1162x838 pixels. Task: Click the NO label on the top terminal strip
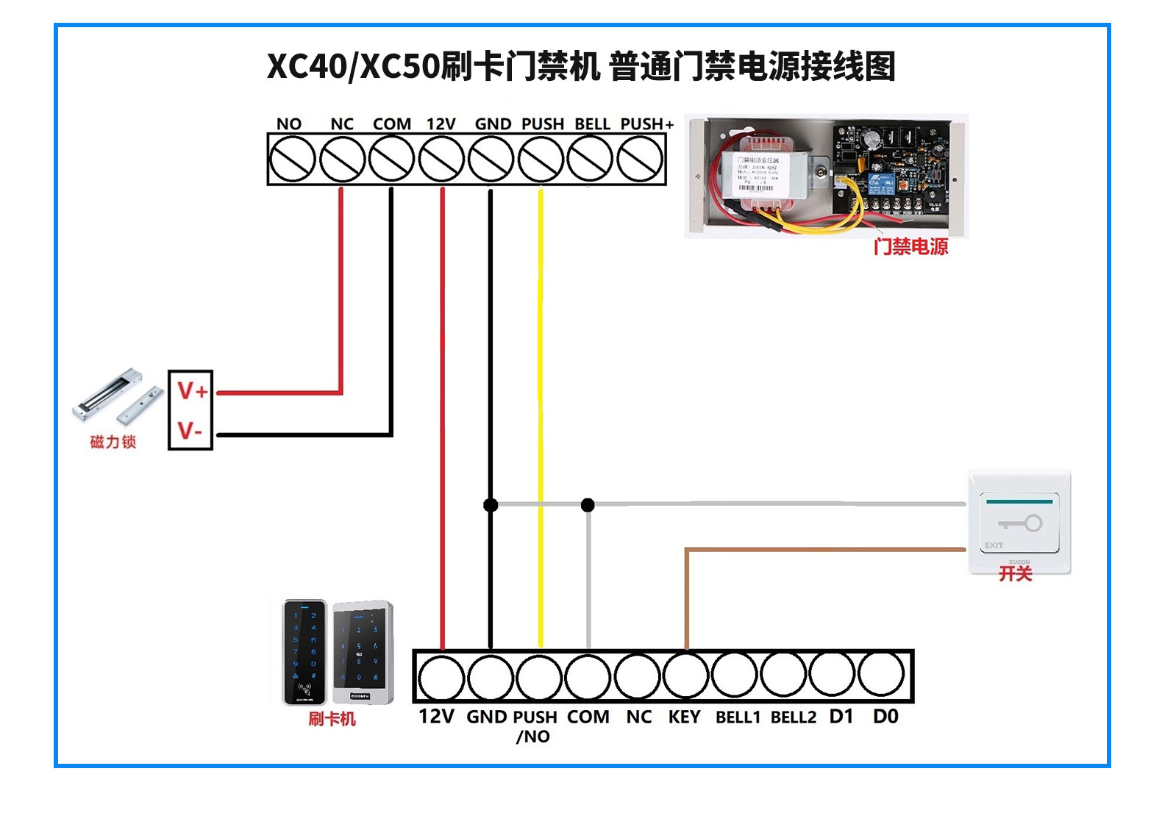click(289, 123)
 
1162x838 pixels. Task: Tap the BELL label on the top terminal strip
click(592, 123)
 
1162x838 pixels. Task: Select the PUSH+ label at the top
click(646, 123)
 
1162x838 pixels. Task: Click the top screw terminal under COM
click(391, 160)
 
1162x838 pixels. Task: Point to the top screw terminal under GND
click(491, 160)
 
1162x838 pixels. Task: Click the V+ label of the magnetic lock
click(192, 391)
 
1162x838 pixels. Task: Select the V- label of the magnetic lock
click(190, 431)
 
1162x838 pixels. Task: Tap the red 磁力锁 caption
click(113, 442)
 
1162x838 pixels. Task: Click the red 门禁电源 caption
click(910, 247)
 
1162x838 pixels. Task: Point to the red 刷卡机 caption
click(332, 719)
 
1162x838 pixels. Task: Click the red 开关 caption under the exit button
click(1016, 574)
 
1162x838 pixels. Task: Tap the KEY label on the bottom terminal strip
click(684, 717)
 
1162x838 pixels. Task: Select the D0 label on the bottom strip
click(885, 716)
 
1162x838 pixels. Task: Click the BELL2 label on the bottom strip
click(793, 717)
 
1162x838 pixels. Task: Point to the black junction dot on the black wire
click(491, 505)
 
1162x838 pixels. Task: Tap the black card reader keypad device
click(304, 653)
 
